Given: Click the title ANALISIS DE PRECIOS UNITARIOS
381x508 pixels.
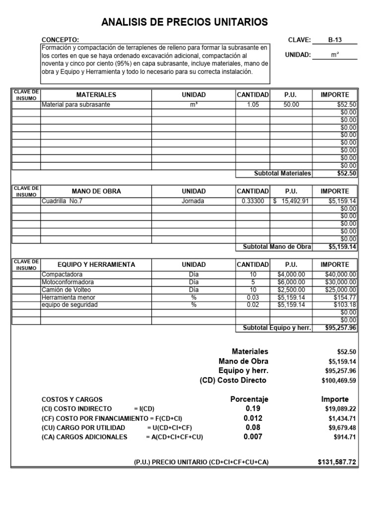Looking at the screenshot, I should [184, 22].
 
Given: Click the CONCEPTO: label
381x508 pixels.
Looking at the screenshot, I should [60, 40].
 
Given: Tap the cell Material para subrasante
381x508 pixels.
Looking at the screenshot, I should [76, 105].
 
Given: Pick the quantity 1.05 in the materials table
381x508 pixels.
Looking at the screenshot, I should [253, 105].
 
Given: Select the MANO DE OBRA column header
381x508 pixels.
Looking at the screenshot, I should [96, 191].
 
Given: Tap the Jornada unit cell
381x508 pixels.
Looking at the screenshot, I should [193, 201].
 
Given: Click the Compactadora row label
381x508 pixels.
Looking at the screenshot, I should [63, 274].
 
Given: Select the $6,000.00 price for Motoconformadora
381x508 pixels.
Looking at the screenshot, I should [291, 282].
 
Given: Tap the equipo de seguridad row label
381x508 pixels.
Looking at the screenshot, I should [69, 305].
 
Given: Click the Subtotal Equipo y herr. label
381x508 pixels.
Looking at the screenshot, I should [276, 327].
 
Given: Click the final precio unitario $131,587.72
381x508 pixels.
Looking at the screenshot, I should [337, 462].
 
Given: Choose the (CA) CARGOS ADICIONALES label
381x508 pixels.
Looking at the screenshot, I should [85, 437].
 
